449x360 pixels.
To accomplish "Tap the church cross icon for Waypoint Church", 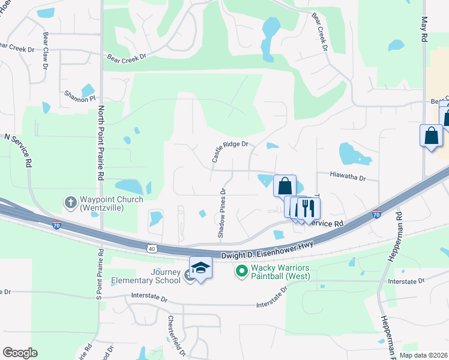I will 70,202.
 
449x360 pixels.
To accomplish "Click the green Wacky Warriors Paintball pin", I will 242,272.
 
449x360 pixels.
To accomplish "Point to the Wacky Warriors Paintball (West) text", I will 280,272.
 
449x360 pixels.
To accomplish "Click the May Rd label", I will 424,29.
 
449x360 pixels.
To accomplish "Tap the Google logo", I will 20,353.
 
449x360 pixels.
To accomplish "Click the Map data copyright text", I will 423,355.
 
